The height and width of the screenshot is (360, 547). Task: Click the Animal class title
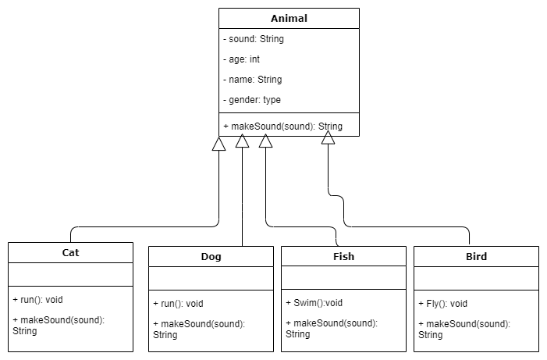(x=289, y=19)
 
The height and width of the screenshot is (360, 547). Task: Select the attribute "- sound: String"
(x=254, y=39)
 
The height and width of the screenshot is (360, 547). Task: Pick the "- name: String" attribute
(x=253, y=80)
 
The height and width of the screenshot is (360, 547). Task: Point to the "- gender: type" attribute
(x=252, y=100)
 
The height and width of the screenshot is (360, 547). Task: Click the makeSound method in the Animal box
(x=282, y=127)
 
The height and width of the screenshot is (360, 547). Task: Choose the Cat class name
(x=70, y=252)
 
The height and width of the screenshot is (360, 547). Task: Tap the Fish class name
(x=343, y=257)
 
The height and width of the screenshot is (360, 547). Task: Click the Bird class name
(x=476, y=257)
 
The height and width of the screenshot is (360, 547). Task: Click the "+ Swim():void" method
(x=314, y=304)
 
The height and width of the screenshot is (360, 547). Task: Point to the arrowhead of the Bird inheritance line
(x=329, y=138)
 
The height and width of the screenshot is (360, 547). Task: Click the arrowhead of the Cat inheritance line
(x=219, y=144)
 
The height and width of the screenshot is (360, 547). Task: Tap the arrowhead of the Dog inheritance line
(x=243, y=141)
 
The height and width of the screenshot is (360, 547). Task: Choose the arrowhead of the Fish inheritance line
(x=266, y=141)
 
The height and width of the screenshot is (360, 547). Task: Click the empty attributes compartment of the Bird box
(x=476, y=278)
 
